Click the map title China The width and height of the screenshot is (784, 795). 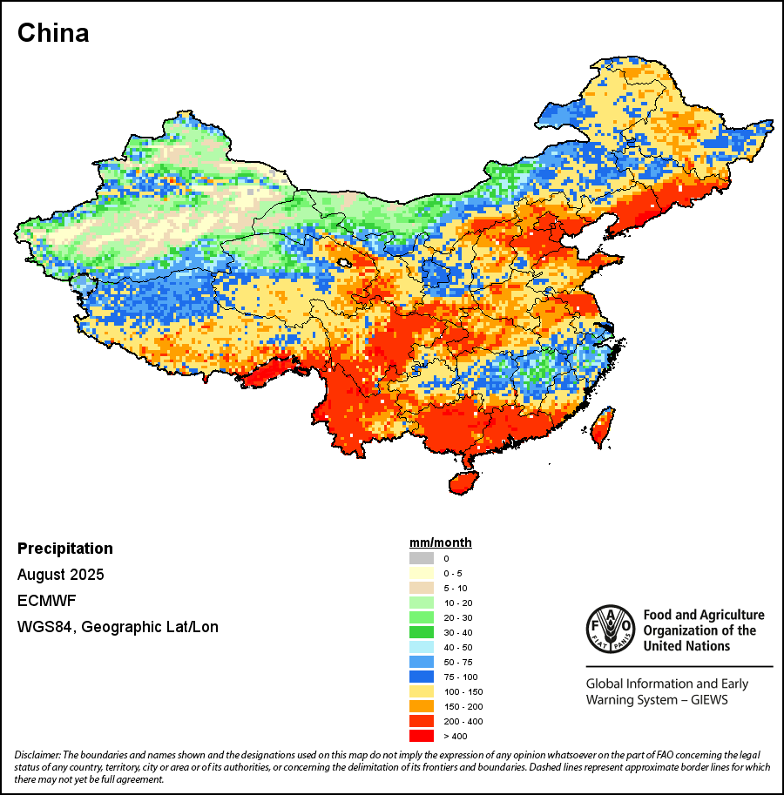pos(53,33)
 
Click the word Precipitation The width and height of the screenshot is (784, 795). pos(65,549)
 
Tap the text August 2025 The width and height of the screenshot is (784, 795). pos(61,575)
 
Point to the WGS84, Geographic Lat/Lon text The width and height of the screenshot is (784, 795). pos(118,627)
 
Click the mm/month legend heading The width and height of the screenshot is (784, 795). pos(441,542)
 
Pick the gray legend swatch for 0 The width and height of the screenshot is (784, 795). pos(421,558)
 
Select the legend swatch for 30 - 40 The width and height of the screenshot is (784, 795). pos(421,632)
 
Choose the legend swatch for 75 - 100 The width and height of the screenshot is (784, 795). pos(421,677)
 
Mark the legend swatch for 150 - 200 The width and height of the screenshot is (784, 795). pos(421,706)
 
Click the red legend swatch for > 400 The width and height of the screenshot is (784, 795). pos(421,736)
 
